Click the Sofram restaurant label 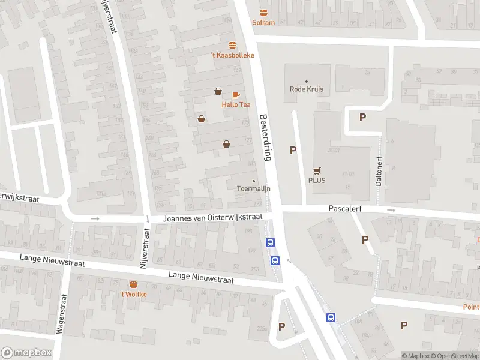point(263,23)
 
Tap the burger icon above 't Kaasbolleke point(232,45)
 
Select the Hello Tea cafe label point(236,104)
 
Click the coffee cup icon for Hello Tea point(236,95)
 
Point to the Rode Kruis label point(307,89)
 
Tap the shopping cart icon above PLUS point(317,170)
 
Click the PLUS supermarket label point(317,180)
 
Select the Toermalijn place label point(253,188)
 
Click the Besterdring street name point(266,137)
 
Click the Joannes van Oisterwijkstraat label point(213,218)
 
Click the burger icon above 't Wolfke point(133,284)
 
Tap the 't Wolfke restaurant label point(133,294)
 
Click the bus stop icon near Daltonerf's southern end point(331,317)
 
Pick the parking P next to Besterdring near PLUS point(293,150)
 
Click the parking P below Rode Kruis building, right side point(362,118)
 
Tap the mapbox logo point(26,353)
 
